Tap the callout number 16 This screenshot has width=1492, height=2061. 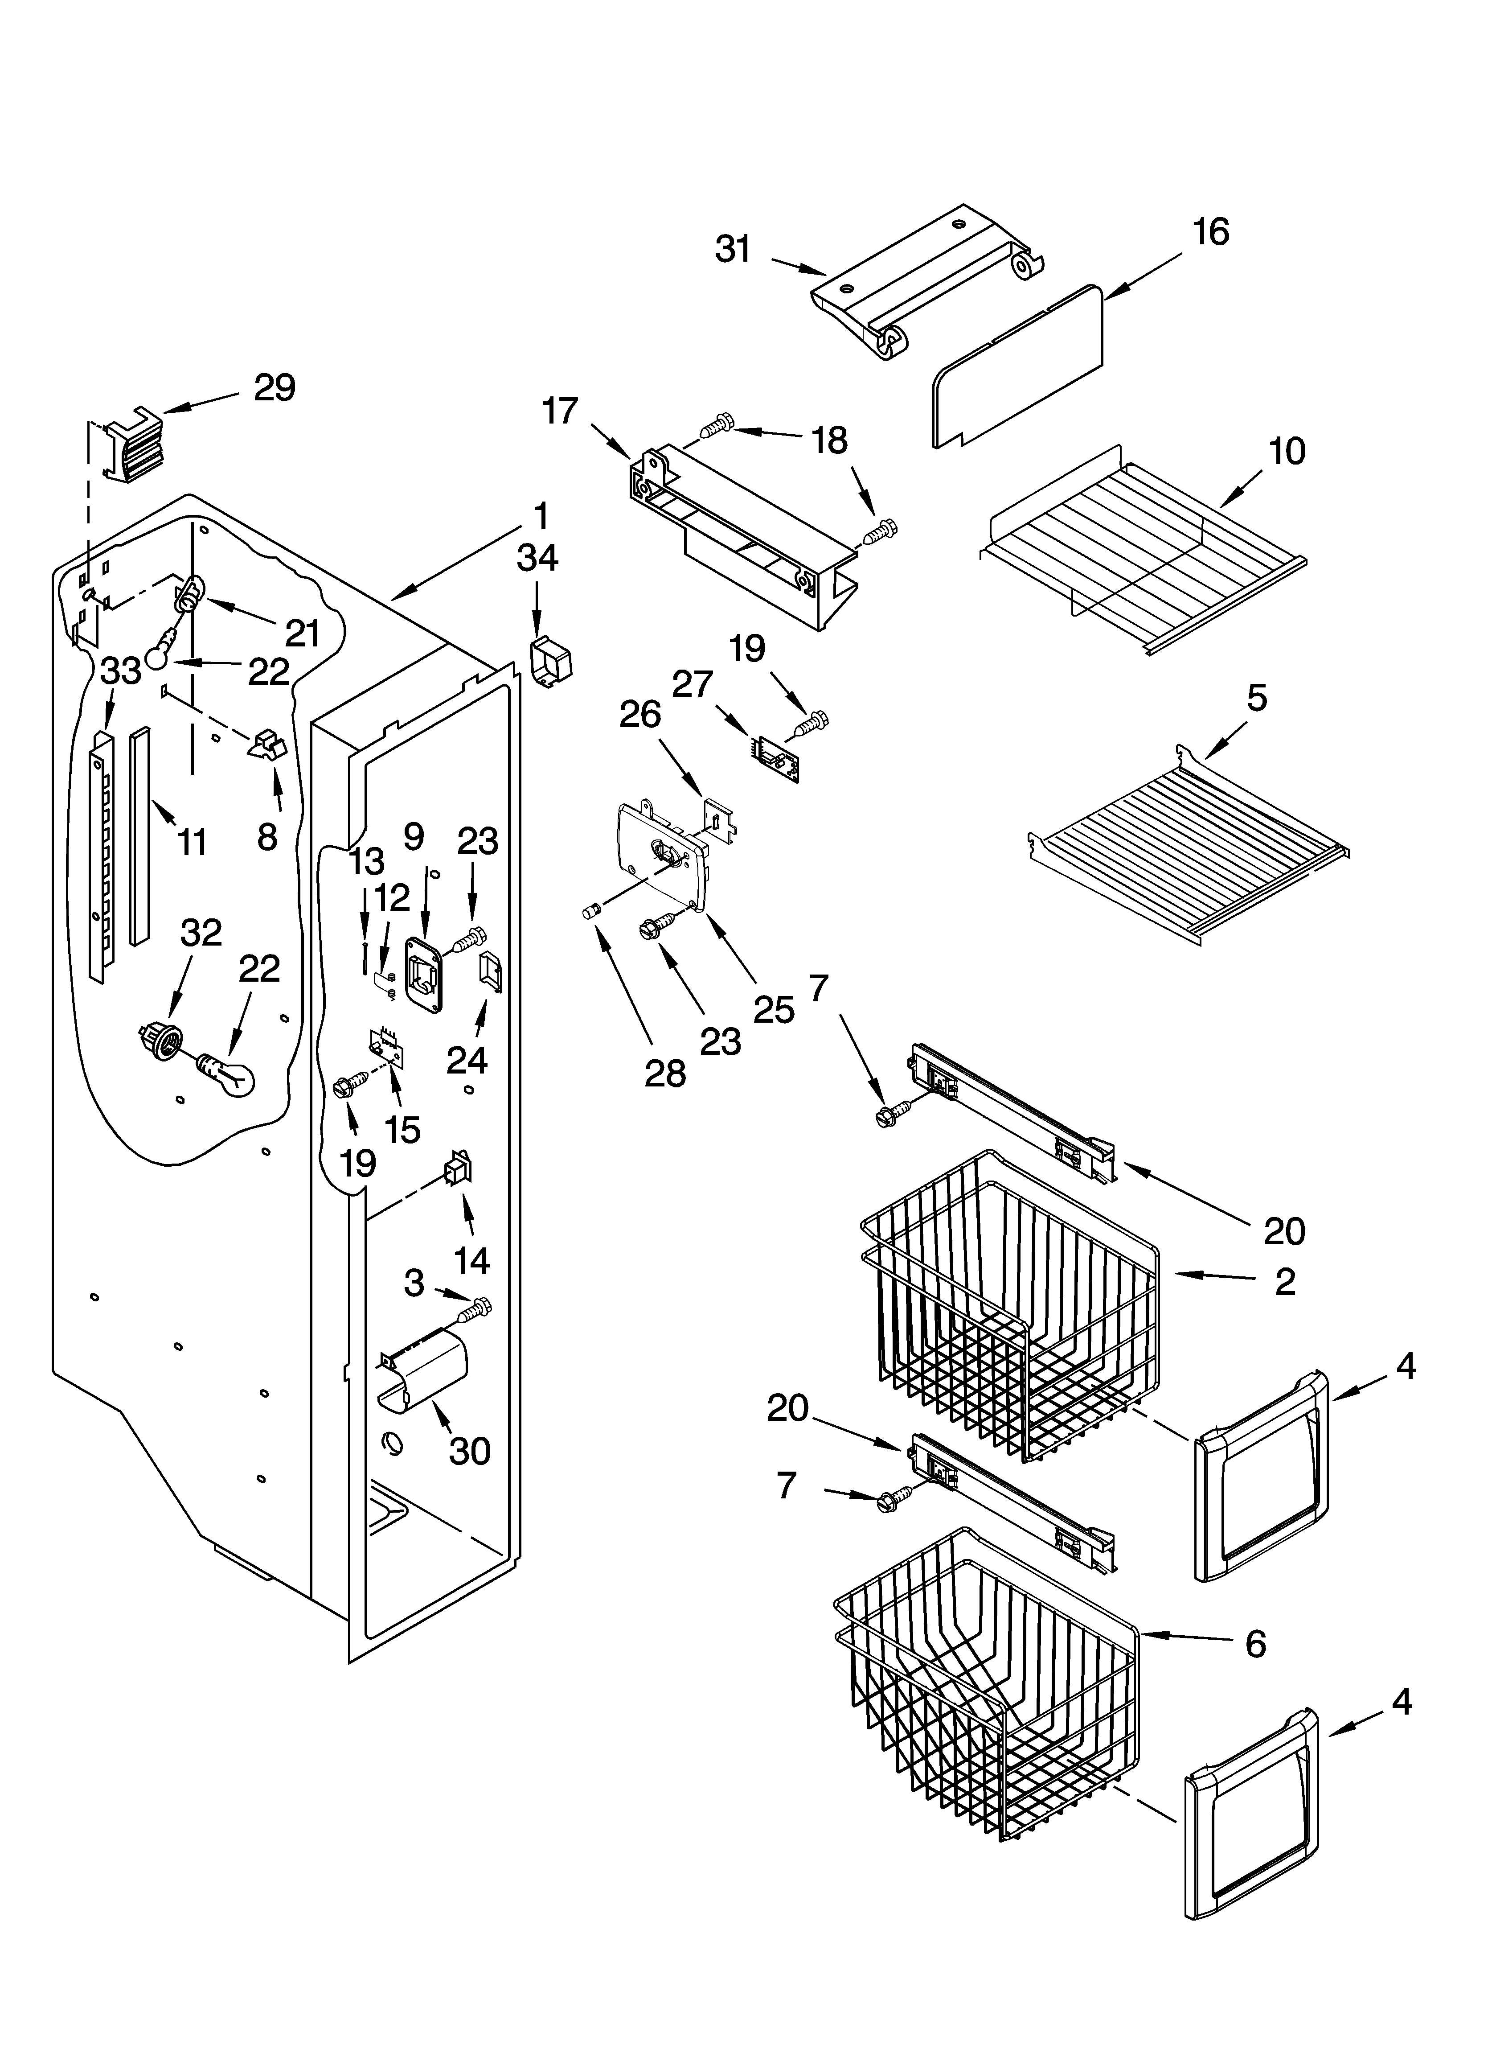coord(1211,232)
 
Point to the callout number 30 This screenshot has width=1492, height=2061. coord(470,1451)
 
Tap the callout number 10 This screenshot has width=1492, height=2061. coord(1287,451)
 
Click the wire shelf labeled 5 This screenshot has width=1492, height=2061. coord(1181,845)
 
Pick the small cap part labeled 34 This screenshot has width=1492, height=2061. coord(551,662)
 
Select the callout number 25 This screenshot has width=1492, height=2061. coord(774,1010)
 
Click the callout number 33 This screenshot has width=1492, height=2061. coord(121,671)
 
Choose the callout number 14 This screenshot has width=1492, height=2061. coord(471,1260)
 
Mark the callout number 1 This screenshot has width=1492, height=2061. coord(541,516)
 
